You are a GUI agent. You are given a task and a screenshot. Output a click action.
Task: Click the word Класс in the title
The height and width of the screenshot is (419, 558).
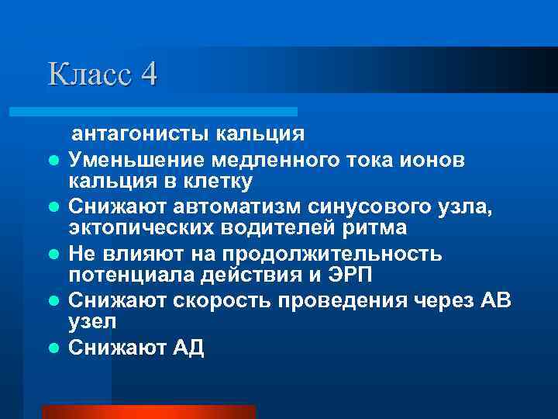tap(90, 74)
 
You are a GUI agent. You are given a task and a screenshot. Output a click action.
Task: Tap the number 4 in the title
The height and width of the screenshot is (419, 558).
tap(150, 74)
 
